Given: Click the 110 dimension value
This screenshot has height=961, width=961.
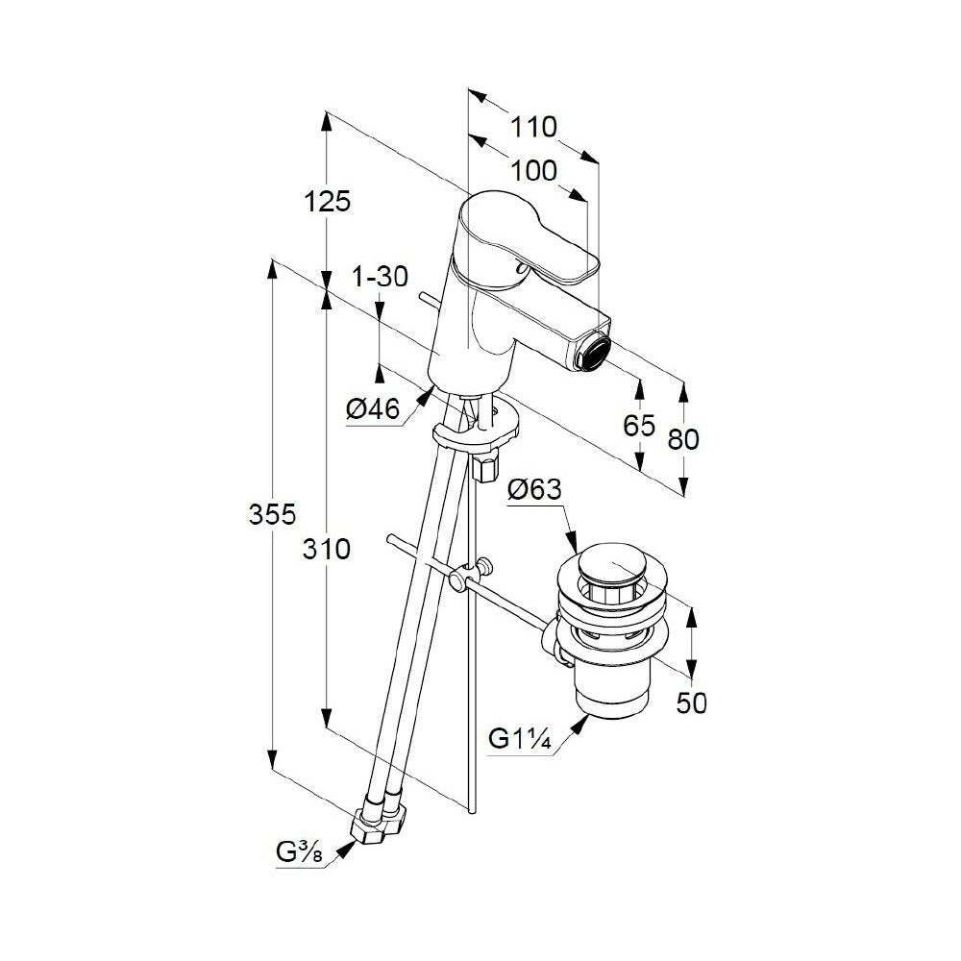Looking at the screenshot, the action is [x=533, y=128].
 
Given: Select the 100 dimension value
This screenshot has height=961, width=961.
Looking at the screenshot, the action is [x=533, y=172].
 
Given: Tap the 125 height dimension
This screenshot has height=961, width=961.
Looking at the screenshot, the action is [x=328, y=201].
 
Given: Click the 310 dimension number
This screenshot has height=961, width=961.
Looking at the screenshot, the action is [x=326, y=549].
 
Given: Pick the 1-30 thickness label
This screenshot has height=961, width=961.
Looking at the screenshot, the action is [x=380, y=277].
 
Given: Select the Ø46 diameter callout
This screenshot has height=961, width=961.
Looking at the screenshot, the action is [x=373, y=408].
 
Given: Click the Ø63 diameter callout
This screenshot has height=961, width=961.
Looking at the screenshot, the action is [x=535, y=490].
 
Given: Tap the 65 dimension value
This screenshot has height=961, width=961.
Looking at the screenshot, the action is [x=639, y=426].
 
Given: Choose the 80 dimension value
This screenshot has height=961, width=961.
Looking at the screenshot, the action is [x=683, y=439].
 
